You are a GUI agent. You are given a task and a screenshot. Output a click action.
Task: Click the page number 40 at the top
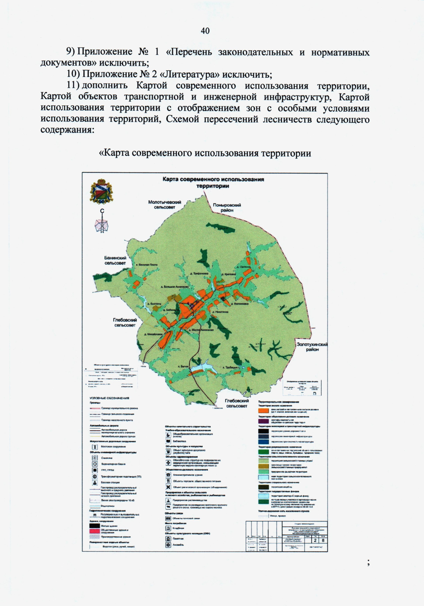[x=205, y=31]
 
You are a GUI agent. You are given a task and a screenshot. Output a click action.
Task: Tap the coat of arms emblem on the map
[x=102, y=192]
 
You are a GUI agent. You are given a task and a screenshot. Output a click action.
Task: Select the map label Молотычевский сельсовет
[x=165, y=205]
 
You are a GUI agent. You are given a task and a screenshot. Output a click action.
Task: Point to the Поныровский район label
[x=227, y=207]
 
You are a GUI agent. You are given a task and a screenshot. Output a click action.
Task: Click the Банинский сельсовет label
[x=115, y=260]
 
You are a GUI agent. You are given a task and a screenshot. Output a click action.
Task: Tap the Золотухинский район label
[x=312, y=347]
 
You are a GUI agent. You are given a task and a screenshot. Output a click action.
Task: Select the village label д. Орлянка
[x=244, y=267]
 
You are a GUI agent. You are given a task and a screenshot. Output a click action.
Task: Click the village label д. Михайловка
[x=153, y=334]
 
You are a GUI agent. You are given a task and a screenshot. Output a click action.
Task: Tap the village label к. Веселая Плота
[x=147, y=265]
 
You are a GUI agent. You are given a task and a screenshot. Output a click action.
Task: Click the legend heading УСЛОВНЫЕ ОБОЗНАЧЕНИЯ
[x=109, y=398]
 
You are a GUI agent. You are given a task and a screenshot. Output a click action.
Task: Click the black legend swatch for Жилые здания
[x=94, y=526]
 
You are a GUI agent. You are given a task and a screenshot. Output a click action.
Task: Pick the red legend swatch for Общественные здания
[x=94, y=531]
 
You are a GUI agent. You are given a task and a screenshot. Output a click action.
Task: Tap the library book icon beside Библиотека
[x=168, y=441]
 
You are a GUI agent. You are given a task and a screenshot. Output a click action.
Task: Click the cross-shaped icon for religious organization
[x=168, y=487]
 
